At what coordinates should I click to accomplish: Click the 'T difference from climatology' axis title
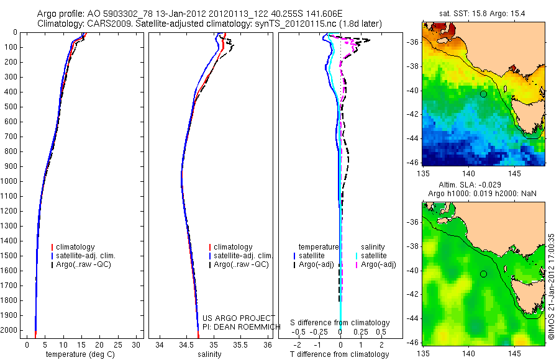point(340,354)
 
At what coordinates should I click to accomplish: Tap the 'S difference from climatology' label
point(340,323)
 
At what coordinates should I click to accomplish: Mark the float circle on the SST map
point(483,94)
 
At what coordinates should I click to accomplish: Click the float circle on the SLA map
point(483,274)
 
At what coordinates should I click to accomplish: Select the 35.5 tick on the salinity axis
point(240,343)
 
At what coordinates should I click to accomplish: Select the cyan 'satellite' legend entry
point(375,256)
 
